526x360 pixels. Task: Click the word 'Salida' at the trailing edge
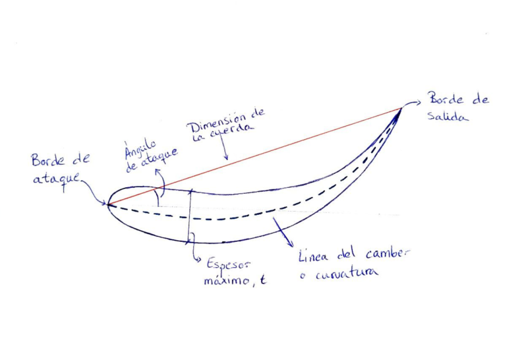[x=447, y=116]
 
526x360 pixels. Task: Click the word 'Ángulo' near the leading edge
[x=140, y=148]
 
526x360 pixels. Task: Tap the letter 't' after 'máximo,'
[x=264, y=279]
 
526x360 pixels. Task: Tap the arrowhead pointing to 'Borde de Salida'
[x=418, y=103]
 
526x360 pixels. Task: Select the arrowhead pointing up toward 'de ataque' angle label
[x=157, y=172]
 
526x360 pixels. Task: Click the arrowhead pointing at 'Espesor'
[x=198, y=259]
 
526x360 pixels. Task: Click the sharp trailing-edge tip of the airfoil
[x=401, y=108]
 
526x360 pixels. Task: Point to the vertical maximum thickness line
[x=190, y=216]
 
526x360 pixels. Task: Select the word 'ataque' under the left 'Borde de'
[x=57, y=179]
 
